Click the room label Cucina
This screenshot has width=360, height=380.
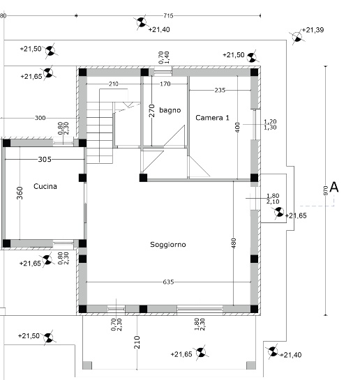45,186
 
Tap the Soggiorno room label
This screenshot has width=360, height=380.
168,245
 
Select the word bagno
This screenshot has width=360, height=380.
170,110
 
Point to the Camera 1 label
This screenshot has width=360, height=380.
212,118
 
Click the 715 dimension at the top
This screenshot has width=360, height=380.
168,16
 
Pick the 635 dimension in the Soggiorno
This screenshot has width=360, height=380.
168,282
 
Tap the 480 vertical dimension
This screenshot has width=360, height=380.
234,243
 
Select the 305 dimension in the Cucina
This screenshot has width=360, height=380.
45,159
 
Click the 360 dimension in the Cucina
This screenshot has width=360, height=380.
20,193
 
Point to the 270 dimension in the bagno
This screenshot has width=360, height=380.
152,110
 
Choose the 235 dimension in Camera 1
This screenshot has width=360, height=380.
220,90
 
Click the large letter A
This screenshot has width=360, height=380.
334,187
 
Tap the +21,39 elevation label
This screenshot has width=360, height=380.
313,30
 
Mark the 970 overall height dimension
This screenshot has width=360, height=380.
326,190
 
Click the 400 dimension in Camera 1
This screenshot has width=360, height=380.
237,128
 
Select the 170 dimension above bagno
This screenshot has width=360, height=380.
165,84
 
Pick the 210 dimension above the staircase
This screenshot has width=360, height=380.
114,84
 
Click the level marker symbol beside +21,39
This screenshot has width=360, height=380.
297,38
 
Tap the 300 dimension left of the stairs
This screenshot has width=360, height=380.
40,118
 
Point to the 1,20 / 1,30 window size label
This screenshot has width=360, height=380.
270,124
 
